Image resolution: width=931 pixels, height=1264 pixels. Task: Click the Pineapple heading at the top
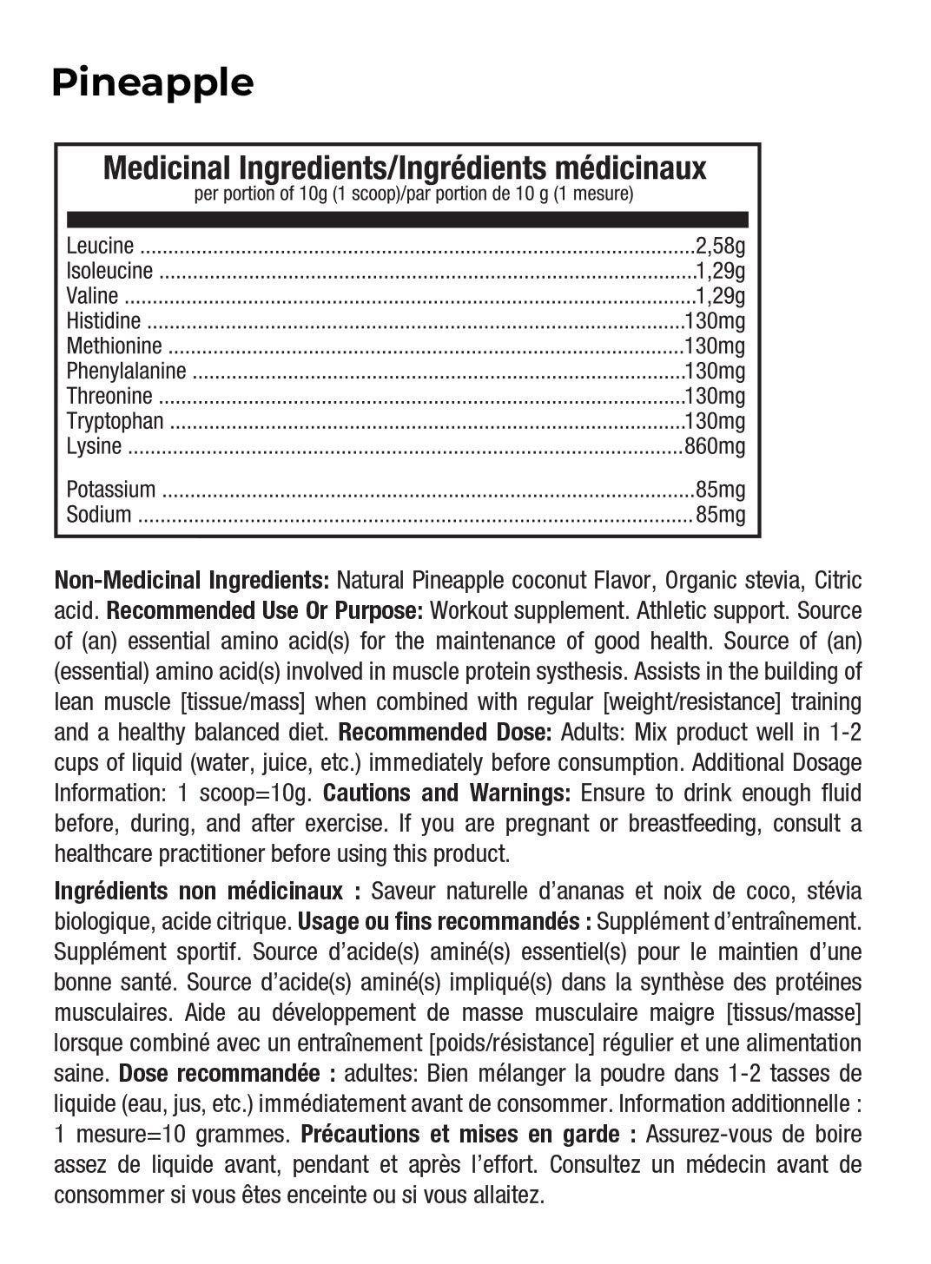(x=152, y=83)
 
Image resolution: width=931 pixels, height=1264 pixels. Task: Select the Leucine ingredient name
(x=100, y=247)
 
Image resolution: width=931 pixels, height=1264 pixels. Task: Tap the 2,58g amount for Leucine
(x=720, y=247)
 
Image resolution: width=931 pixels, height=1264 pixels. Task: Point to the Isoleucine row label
(x=109, y=272)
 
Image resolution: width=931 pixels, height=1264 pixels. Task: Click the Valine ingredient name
(x=92, y=297)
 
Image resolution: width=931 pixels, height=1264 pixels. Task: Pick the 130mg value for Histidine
(x=715, y=321)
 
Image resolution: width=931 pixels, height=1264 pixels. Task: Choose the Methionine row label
(x=114, y=346)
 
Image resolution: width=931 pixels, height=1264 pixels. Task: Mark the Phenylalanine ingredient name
(x=126, y=372)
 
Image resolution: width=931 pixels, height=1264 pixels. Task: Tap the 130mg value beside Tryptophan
(x=715, y=422)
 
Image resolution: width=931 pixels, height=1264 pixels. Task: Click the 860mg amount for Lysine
(x=715, y=447)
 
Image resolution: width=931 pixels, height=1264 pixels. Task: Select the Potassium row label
(x=111, y=490)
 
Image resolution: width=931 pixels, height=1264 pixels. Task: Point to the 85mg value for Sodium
(x=721, y=515)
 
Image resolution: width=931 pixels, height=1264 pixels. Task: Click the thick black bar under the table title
(x=406, y=219)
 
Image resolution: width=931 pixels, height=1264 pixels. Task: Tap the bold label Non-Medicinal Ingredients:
(x=191, y=580)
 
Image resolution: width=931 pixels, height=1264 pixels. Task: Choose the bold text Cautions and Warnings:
(x=446, y=793)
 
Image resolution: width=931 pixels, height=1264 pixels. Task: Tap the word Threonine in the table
(x=109, y=397)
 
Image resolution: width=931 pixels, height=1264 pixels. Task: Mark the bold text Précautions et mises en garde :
(x=469, y=1134)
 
